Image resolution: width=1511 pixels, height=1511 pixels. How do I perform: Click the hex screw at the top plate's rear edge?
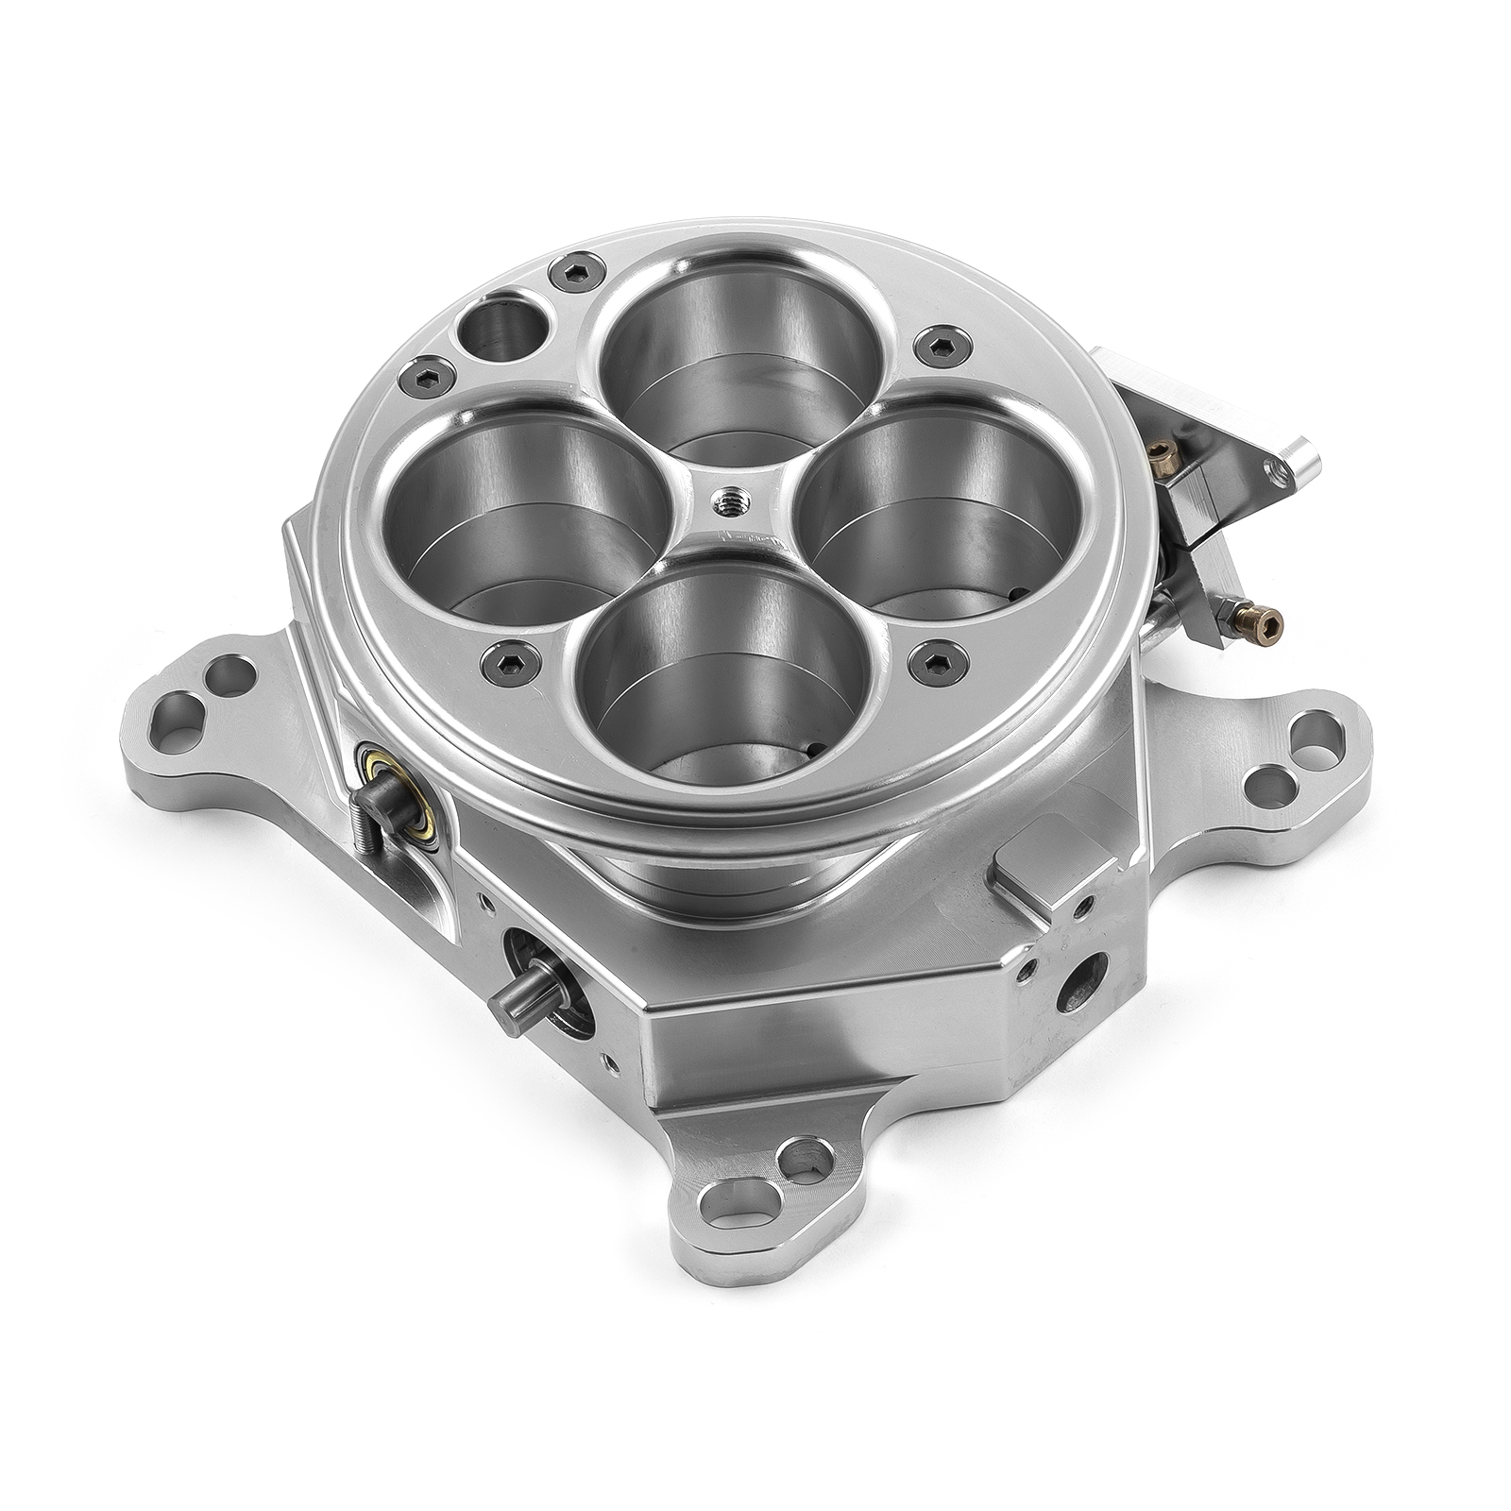click(x=569, y=270)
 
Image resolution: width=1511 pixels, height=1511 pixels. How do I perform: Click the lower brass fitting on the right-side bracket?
click(x=1265, y=620)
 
